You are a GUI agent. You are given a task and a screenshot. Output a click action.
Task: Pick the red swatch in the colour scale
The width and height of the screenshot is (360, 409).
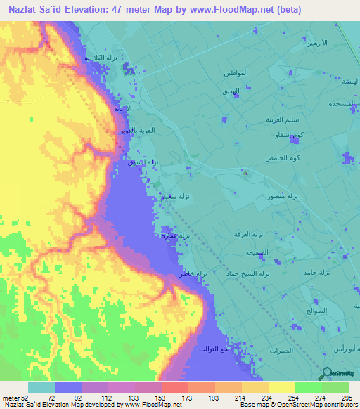(x=174, y=387)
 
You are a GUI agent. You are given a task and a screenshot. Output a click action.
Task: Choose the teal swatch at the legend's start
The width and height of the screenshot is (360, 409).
(x=41, y=387)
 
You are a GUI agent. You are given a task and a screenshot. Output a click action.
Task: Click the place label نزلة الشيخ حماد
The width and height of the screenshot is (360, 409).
(x=247, y=273)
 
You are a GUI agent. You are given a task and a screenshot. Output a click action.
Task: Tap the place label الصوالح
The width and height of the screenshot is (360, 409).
(x=316, y=309)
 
